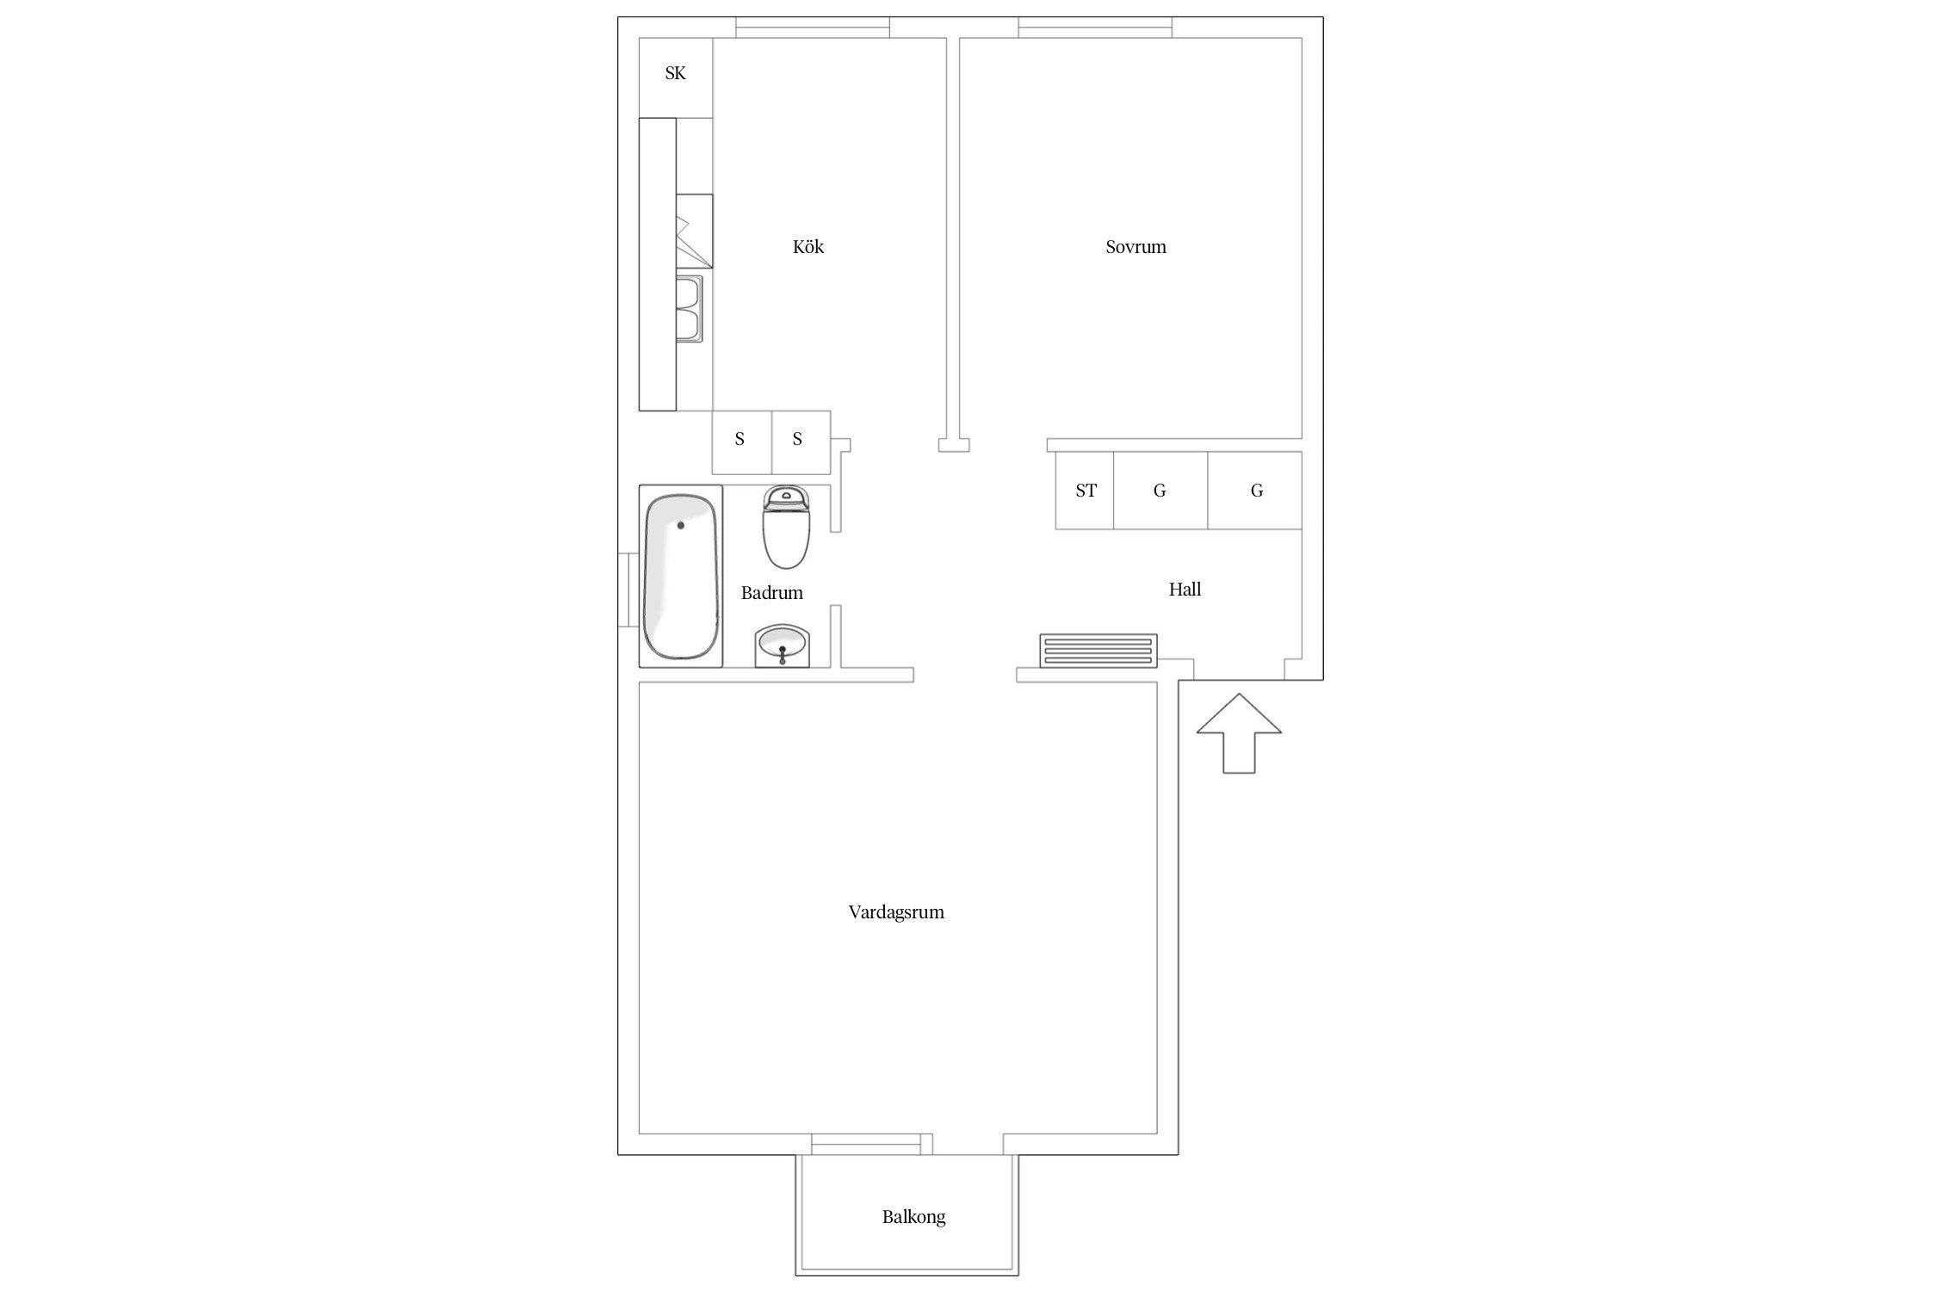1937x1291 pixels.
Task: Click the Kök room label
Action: click(x=808, y=247)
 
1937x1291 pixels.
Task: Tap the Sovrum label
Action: click(x=1136, y=247)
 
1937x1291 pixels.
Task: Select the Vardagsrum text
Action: click(x=896, y=912)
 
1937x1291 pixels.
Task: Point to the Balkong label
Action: click(x=913, y=1217)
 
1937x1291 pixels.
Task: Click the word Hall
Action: click(x=1185, y=590)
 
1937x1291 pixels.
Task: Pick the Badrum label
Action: click(x=771, y=593)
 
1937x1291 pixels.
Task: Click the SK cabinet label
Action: click(x=675, y=74)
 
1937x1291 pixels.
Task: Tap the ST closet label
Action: click(x=1086, y=491)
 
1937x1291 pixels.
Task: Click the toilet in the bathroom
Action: click(x=786, y=528)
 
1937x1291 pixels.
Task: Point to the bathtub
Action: click(x=680, y=577)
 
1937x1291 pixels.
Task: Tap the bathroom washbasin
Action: click(x=782, y=646)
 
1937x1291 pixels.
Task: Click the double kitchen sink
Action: click(x=689, y=308)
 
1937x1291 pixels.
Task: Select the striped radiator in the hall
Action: click(x=1098, y=651)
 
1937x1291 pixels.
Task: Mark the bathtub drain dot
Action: click(x=680, y=525)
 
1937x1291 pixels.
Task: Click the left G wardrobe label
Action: click(x=1160, y=491)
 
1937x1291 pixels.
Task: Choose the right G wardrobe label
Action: click(x=1257, y=491)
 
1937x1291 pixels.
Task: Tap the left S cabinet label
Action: click(x=740, y=440)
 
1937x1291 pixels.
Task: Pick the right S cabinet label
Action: click(x=797, y=440)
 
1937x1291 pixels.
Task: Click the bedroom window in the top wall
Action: click(x=1095, y=28)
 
